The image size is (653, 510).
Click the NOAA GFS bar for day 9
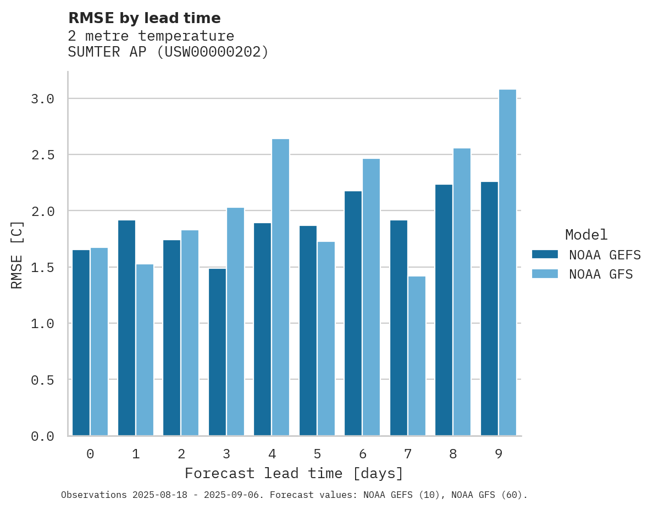(507, 263)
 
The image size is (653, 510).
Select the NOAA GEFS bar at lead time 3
(217, 352)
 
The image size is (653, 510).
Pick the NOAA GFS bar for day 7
(417, 356)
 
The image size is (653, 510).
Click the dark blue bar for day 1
(126, 328)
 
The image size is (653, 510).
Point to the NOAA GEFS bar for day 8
(444, 310)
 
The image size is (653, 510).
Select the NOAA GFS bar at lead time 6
(371, 297)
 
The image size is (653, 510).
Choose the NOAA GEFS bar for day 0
(81, 342)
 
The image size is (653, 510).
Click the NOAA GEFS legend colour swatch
(545, 254)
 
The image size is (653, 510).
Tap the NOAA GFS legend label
(601, 274)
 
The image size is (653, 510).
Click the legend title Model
(586, 235)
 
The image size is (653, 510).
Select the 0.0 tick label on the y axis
(42, 436)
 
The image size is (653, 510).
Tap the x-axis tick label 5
(317, 454)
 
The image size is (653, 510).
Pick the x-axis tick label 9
(499, 454)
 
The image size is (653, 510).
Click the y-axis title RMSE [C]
(17, 254)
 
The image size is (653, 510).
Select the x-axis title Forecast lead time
(294, 473)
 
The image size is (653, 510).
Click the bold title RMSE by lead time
(144, 18)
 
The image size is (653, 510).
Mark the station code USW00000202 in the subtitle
(213, 52)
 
